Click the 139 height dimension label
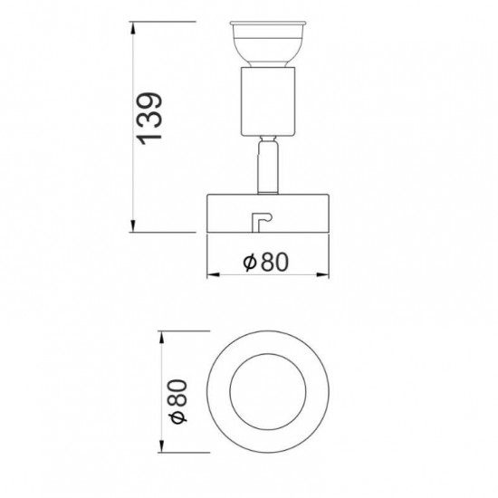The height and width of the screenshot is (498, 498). tap(149, 119)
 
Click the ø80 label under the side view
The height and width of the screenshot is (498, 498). tap(266, 262)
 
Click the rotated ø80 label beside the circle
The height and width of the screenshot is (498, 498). tap(178, 401)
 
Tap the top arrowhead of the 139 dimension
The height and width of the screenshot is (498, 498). tap(133, 28)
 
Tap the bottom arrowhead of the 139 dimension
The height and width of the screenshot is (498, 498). tap(133, 226)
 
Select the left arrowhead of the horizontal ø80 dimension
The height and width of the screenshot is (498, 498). tap(213, 274)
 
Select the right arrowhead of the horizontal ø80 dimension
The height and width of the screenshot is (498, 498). tap(322, 274)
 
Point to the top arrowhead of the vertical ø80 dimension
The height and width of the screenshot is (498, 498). tap(162, 338)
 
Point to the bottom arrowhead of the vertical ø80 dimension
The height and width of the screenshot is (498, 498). tap(162, 445)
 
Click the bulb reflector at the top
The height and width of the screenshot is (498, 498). tap(268, 44)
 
